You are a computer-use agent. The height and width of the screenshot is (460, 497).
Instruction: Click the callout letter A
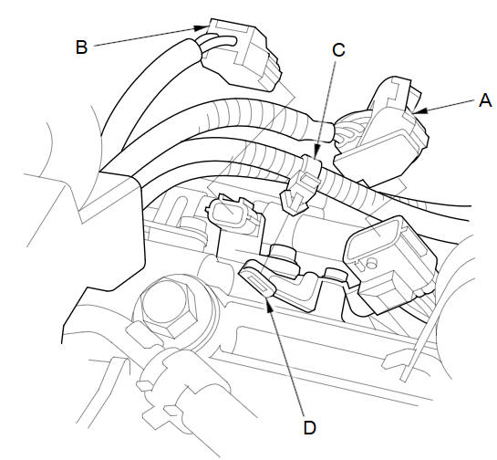click(x=485, y=101)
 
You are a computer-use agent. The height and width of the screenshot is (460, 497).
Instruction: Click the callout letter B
click(x=82, y=47)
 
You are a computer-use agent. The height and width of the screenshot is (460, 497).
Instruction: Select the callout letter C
click(x=338, y=50)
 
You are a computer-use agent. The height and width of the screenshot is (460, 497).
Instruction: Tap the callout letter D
click(x=310, y=428)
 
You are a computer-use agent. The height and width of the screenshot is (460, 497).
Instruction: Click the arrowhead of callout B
click(x=202, y=27)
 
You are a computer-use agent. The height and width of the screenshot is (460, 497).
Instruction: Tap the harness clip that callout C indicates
click(x=301, y=184)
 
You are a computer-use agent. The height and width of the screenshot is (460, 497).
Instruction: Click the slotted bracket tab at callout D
click(x=257, y=278)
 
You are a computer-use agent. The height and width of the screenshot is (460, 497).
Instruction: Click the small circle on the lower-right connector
click(x=371, y=262)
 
